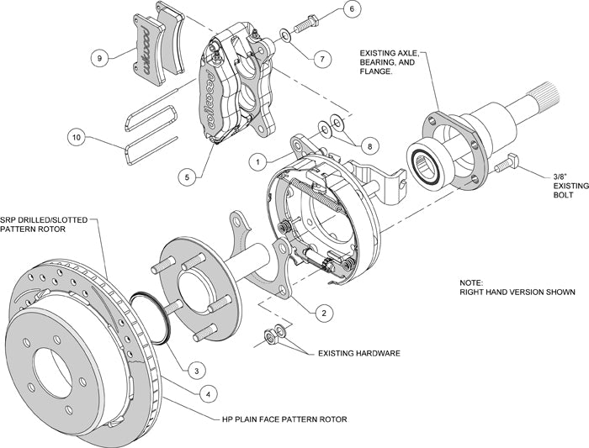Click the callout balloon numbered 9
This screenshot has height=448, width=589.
(99, 58)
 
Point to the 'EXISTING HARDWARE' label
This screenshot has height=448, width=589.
(358, 354)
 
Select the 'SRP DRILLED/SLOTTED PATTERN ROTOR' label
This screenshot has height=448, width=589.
(43, 224)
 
